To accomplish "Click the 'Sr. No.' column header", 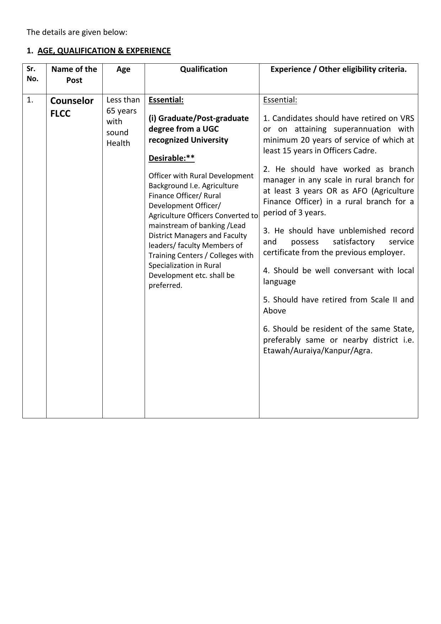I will [x=32, y=74].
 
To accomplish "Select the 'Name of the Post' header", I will [x=74, y=74].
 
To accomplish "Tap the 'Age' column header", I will [x=123, y=69].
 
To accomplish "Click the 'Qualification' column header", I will [x=203, y=69].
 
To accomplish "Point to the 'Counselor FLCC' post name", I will [x=72, y=107].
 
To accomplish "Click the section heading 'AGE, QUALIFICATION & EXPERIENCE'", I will [x=104, y=51].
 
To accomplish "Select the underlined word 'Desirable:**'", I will [x=171, y=158].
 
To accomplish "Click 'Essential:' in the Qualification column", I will [x=166, y=100].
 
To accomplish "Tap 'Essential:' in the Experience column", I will [x=280, y=100].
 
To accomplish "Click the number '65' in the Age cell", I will [x=112, y=111].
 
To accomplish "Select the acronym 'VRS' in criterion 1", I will [x=407, y=118].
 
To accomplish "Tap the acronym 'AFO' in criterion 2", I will [x=360, y=191].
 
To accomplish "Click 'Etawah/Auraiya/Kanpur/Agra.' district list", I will [x=318, y=350].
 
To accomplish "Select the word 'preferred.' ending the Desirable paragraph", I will [x=165, y=285].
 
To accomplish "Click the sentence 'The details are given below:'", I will [x=77, y=32].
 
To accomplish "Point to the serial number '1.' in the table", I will [x=30, y=100].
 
